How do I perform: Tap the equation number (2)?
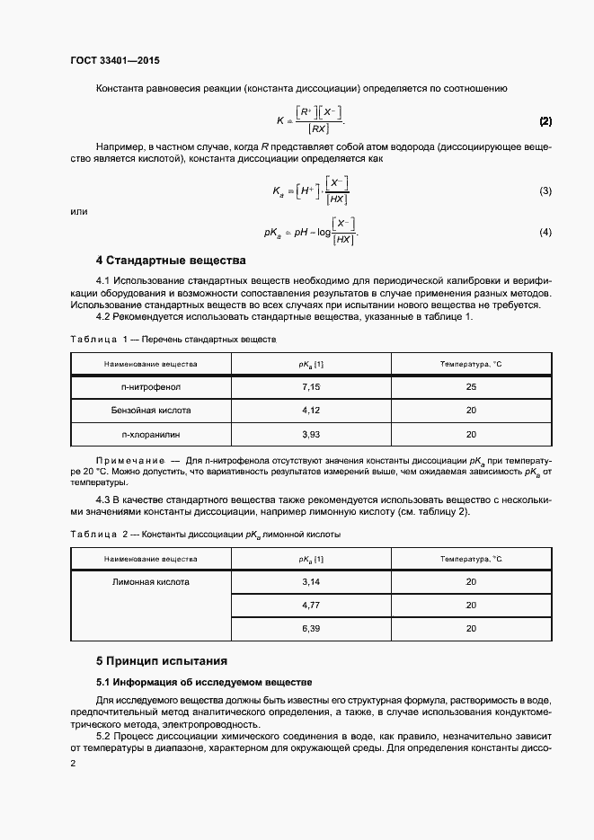click(x=545, y=121)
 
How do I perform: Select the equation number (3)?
click(x=545, y=190)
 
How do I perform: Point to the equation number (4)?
click(x=545, y=233)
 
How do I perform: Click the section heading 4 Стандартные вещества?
click(x=171, y=261)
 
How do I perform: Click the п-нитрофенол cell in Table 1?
click(x=151, y=387)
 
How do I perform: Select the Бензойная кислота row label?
click(x=151, y=410)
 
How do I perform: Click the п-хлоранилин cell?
click(x=151, y=433)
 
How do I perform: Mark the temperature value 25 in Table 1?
click(x=471, y=387)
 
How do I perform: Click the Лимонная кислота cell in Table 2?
click(x=151, y=582)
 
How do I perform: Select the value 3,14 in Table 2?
click(x=311, y=582)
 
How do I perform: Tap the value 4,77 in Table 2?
click(x=311, y=606)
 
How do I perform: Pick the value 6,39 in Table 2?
click(x=311, y=629)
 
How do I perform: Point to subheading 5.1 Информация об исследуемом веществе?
click(x=203, y=682)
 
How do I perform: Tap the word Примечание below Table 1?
click(x=129, y=460)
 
